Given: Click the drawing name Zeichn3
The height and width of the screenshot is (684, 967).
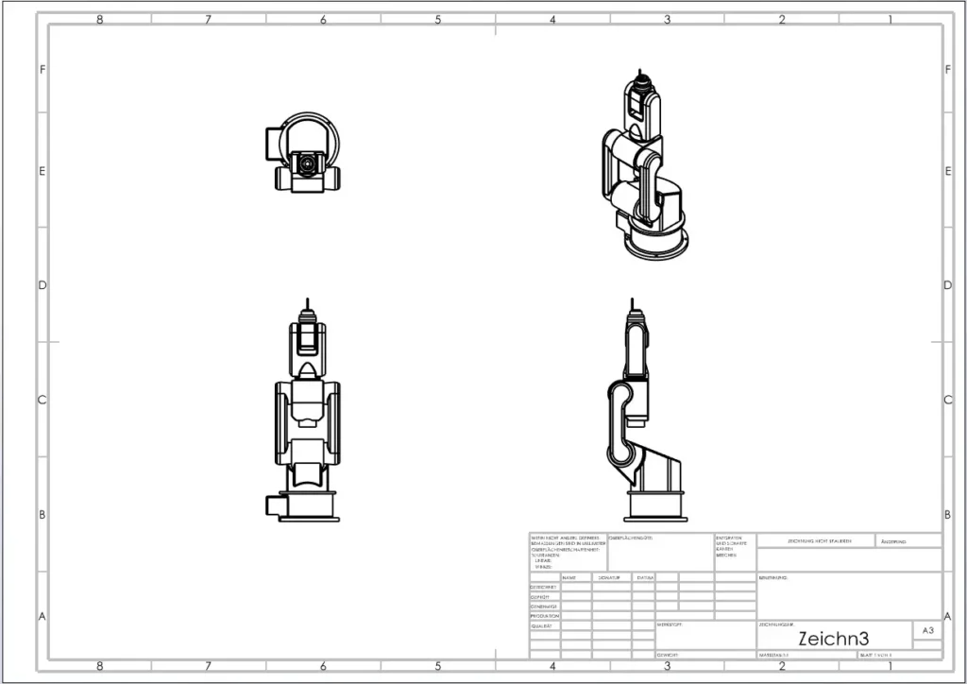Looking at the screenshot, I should pyautogui.click(x=833, y=638).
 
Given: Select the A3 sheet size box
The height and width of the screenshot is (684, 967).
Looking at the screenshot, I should pyautogui.click(x=925, y=630).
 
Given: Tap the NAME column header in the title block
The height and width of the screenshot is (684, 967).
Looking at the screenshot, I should pyautogui.click(x=568, y=577).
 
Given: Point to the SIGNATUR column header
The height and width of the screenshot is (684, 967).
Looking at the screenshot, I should pyautogui.click(x=607, y=577).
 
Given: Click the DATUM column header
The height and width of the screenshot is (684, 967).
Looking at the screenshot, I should pyautogui.click(x=644, y=577).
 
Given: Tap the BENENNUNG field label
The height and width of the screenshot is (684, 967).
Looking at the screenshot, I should pyautogui.click(x=772, y=577).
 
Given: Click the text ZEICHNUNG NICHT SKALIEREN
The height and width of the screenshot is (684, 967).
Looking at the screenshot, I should pyautogui.click(x=818, y=541).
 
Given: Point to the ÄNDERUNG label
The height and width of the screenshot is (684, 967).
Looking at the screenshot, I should pyautogui.click(x=893, y=542).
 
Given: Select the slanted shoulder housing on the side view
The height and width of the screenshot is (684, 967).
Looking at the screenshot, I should pyautogui.click(x=662, y=468).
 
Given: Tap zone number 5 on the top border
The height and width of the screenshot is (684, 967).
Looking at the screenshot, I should pyautogui.click(x=438, y=19).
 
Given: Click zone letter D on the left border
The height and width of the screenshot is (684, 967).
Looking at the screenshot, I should pyautogui.click(x=42, y=285).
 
